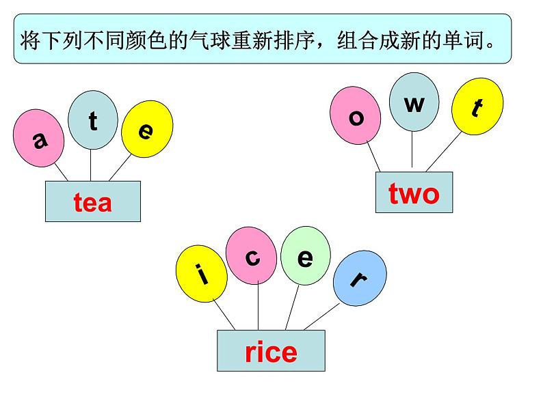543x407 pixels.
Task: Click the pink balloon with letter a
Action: [39, 139]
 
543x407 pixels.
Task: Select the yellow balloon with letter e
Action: [144, 128]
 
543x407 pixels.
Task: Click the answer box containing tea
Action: [92, 201]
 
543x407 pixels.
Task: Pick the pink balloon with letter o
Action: [355, 115]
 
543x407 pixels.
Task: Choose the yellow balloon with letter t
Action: [477, 107]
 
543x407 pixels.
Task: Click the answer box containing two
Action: [414, 193]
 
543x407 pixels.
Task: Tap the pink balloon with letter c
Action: [252, 257]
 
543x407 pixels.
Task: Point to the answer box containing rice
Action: [271, 351]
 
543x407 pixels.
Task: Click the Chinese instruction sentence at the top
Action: [263, 39]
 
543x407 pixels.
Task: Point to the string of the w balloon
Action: [412, 150]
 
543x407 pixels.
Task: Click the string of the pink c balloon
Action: [258, 307]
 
